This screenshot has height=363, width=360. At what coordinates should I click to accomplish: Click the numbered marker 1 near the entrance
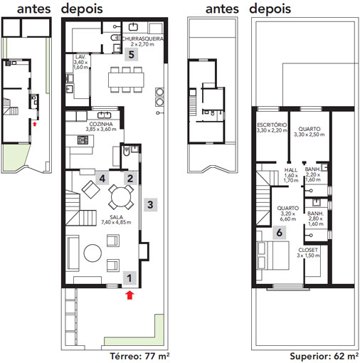point(129,278)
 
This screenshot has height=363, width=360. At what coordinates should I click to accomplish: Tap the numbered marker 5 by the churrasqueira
point(131,54)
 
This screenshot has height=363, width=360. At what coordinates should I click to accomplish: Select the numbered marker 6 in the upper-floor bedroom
point(279,232)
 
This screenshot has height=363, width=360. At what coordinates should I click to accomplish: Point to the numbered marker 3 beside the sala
point(150,204)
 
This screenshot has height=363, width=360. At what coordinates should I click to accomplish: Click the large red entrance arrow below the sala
point(129,295)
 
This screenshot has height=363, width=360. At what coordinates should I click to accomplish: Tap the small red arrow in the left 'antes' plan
point(35,124)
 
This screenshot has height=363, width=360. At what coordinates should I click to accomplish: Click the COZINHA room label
point(101,124)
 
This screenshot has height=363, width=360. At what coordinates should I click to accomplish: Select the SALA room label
point(117,217)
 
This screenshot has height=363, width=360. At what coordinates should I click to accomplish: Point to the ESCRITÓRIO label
point(272,125)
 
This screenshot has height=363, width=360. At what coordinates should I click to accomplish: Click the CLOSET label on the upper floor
point(308,250)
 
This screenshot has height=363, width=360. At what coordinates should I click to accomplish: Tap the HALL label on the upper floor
point(291,170)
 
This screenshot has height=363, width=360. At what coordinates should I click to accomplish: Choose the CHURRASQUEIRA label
point(143,38)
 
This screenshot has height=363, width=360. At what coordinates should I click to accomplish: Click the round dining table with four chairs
point(121,197)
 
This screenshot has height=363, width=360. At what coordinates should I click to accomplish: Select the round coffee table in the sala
point(92,253)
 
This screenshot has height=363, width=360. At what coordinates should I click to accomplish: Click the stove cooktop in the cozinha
point(83,140)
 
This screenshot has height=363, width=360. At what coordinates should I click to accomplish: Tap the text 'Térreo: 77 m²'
point(139,356)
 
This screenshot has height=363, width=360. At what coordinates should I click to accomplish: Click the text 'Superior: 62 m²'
point(324,356)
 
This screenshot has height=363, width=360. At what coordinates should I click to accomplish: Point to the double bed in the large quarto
point(273,256)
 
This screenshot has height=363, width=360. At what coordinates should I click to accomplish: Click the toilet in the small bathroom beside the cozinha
point(127,152)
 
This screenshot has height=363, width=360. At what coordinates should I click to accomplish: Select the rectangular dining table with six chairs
point(126,80)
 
